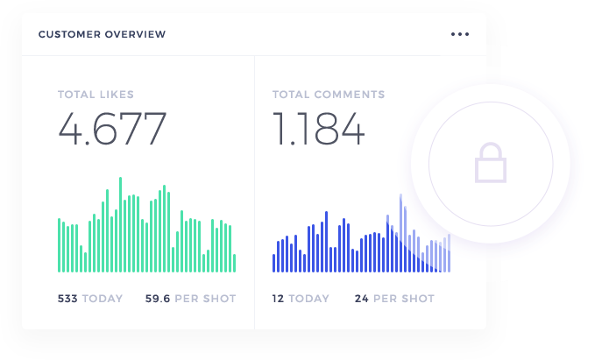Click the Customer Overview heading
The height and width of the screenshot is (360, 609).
[102, 34]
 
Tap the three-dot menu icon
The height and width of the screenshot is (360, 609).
[460, 34]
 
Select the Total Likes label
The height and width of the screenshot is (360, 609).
[96, 95]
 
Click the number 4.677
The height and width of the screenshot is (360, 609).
[112, 130]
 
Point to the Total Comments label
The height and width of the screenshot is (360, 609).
[328, 95]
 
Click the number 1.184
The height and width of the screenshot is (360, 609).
[317, 130]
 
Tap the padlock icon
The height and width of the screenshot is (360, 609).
[491, 163]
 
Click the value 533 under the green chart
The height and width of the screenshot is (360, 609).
[67, 299]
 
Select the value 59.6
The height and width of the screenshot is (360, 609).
[158, 299]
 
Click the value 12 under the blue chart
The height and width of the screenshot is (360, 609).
[278, 299]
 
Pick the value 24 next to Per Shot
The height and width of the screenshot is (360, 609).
[361, 299]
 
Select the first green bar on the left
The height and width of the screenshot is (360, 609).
[60, 245]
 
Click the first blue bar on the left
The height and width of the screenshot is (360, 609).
[274, 263]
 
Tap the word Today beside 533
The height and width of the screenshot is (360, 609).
[103, 299]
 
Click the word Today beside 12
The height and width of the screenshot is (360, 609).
[308, 299]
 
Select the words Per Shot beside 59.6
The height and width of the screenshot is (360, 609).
[205, 299]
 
